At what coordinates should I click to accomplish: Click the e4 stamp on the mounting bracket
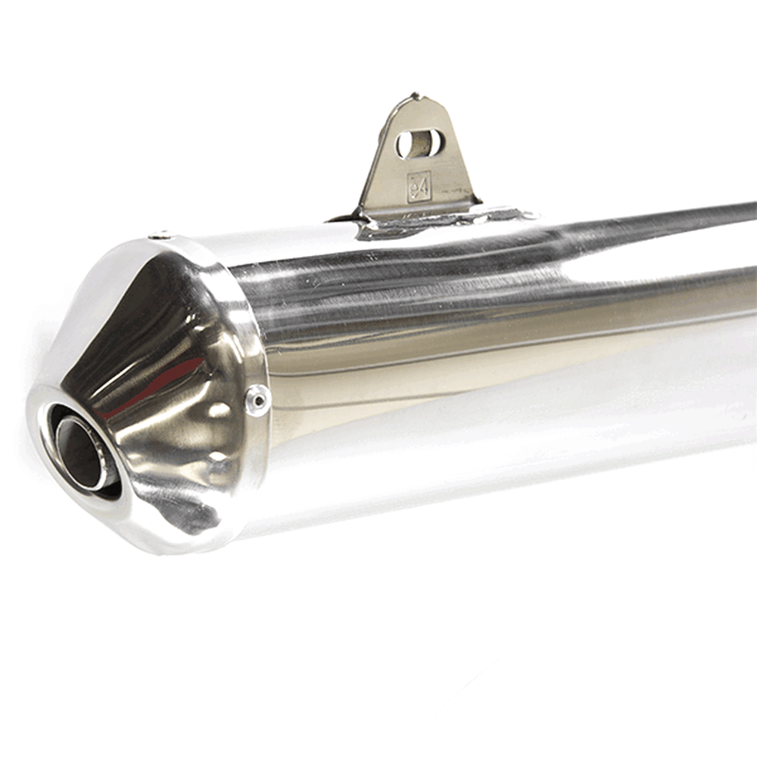[x=418, y=186]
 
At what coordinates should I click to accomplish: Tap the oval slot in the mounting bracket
[x=419, y=142]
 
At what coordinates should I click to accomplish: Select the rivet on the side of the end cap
[x=257, y=400]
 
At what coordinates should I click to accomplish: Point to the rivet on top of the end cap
[x=160, y=235]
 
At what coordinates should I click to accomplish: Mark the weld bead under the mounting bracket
[x=435, y=221]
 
